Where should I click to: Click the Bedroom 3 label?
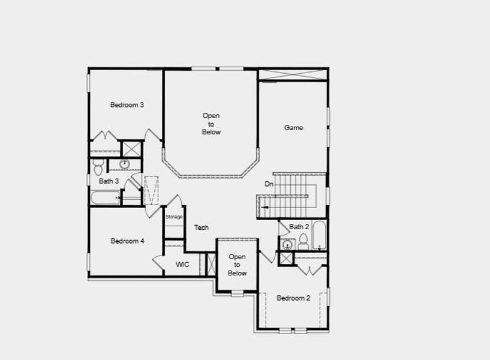127,105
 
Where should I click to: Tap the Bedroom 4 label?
127,241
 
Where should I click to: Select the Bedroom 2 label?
293,298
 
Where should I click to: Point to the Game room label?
293,128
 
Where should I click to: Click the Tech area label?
202,227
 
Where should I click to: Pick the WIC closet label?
182,265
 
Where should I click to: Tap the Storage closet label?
174,217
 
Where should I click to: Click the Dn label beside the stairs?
269,184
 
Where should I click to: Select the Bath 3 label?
109,181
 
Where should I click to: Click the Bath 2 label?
299,227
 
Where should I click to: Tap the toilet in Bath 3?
98,167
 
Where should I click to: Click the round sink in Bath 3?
125,164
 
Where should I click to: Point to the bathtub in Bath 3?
106,197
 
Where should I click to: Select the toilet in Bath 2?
303,242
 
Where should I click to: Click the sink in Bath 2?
288,244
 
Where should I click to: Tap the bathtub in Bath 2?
319,236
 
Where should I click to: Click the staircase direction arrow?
261,208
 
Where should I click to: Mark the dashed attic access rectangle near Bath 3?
151,191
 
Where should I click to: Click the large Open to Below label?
211,124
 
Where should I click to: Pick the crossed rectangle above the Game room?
293,74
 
